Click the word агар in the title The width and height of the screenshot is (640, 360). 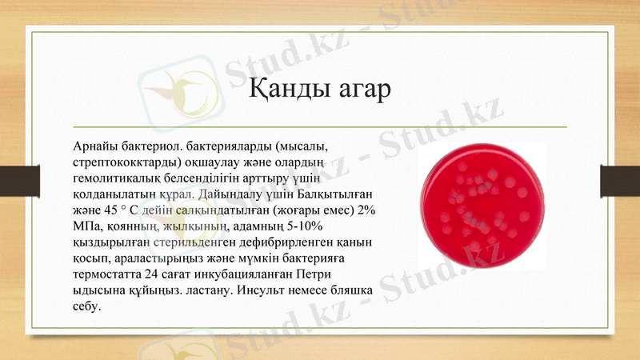[360, 89]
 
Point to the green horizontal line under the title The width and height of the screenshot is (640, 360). [320, 126]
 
